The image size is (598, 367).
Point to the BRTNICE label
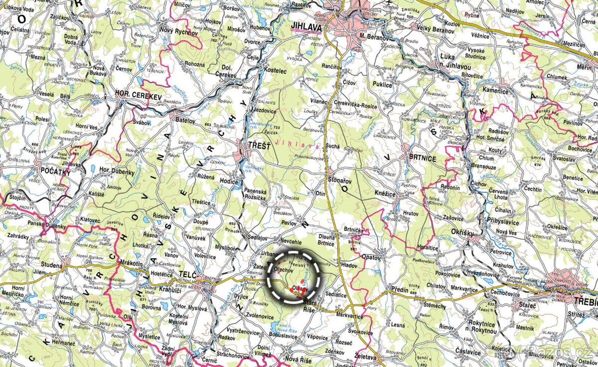[422, 159]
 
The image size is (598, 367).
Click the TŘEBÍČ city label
[585, 302]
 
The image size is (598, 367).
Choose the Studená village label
[52, 266]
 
